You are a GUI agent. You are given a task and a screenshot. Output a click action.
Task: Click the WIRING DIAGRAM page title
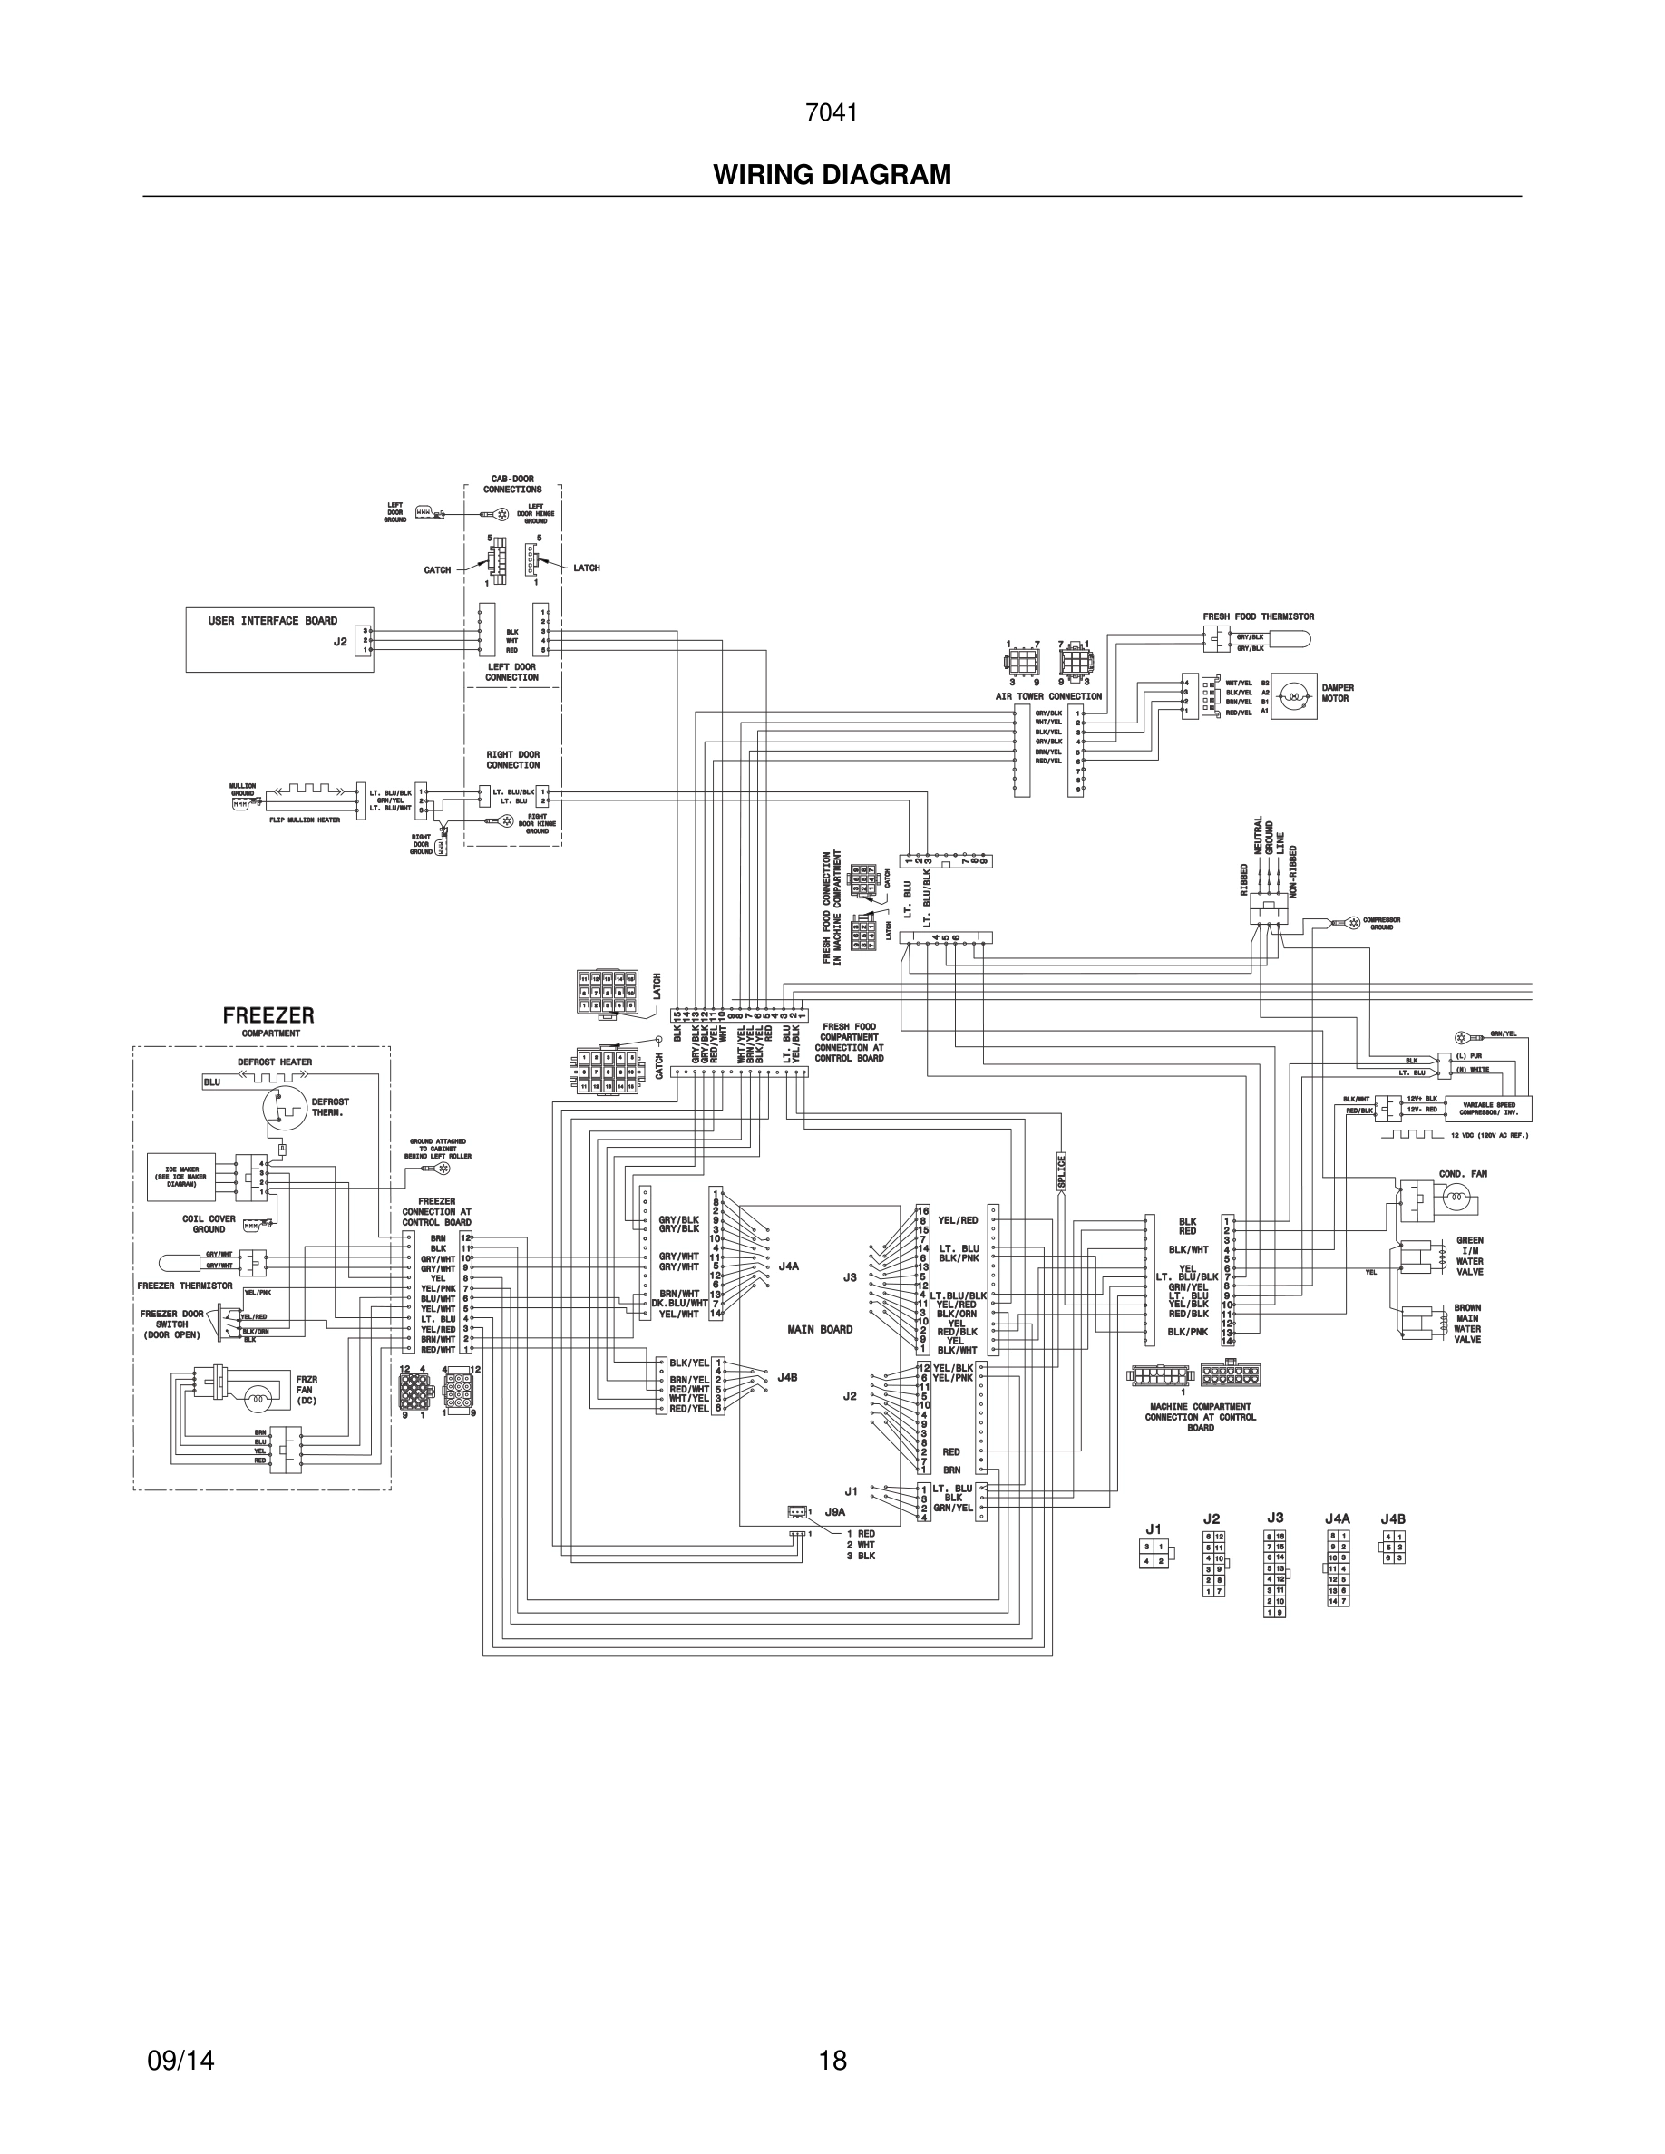(832, 176)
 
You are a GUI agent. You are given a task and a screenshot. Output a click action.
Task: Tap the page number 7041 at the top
(831, 113)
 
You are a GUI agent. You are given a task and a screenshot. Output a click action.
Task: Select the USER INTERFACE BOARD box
(279, 639)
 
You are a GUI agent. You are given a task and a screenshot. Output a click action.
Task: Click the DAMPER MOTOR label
(1338, 694)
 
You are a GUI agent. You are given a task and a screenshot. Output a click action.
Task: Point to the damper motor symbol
(1292, 698)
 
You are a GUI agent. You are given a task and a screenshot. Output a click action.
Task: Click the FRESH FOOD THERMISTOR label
(1258, 616)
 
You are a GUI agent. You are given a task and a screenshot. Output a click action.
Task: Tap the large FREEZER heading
(268, 1014)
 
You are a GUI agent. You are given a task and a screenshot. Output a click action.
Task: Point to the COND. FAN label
(1463, 1174)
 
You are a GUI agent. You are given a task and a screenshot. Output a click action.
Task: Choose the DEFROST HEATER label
(274, 1062)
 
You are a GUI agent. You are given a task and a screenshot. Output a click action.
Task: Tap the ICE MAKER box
(181, 1176)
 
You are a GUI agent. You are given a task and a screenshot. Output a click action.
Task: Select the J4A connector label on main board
(788, 1266)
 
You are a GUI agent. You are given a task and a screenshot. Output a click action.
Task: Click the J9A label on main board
(834, 1511)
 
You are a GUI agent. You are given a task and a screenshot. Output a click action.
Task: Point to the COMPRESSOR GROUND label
(1381, 923)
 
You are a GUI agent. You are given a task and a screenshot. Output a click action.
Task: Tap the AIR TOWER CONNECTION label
(1048, 696)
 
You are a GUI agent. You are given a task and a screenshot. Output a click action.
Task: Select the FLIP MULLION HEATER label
(305, 820)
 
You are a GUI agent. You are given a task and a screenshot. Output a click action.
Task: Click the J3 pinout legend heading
(1274, 1518)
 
